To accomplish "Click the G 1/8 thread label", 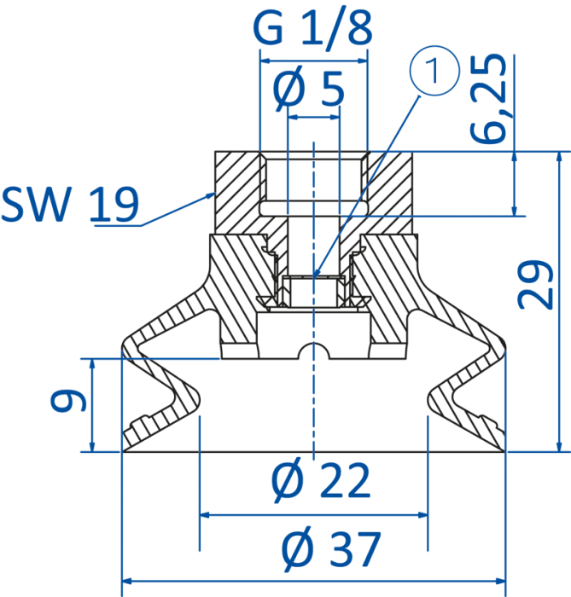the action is (312, 28).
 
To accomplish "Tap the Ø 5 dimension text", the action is (309, 89).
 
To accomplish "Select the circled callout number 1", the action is (434, 71).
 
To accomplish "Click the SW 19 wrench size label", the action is (70, 204).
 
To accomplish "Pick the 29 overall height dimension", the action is (535, 284).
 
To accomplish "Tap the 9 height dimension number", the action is (69, 401).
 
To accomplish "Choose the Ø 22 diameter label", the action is (321, 480).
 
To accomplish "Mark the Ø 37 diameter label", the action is (331, 549).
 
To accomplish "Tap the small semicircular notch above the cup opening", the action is (313, 351).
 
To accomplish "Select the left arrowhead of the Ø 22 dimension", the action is (205, 515).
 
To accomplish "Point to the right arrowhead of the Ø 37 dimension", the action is (500, 581).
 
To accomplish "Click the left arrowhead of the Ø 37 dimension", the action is (127, 581).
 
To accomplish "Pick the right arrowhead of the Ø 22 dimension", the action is (422, 515).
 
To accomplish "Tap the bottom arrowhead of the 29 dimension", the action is (559, 447).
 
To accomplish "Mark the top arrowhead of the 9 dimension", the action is (92, 364).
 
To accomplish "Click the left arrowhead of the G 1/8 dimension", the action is (265, 61).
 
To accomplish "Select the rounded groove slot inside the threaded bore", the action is (313, 208).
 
